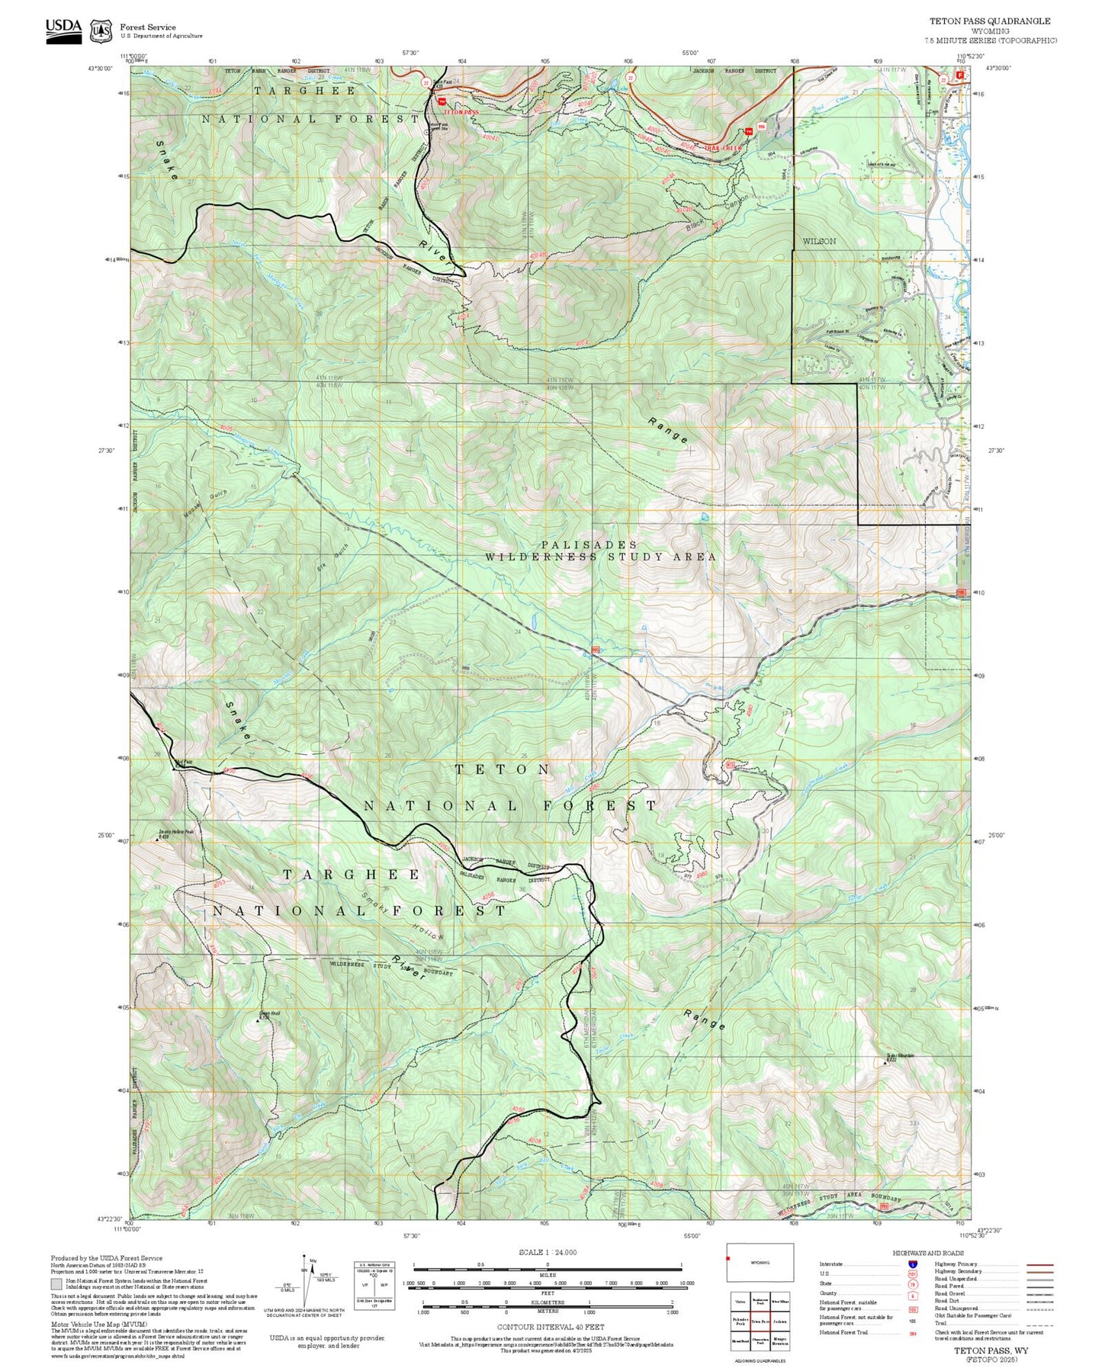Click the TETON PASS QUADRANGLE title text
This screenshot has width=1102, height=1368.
click(x=988, y=21)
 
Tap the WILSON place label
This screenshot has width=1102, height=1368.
click(x=819, y=241)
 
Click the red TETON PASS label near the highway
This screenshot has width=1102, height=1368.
click(x=461, y=112)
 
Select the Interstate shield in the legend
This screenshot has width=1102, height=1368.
click(x=912, y=1264)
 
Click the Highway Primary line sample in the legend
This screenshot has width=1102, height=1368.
click(x=1040, y=1264)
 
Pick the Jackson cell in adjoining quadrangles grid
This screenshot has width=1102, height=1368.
click(x=779, y=1321)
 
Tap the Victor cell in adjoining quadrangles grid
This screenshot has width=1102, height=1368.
click(x=740, y=1302)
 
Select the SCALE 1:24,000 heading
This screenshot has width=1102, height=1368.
click(x=547, y=1253)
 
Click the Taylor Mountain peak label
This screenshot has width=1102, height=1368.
click(x=900, y=1057)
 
